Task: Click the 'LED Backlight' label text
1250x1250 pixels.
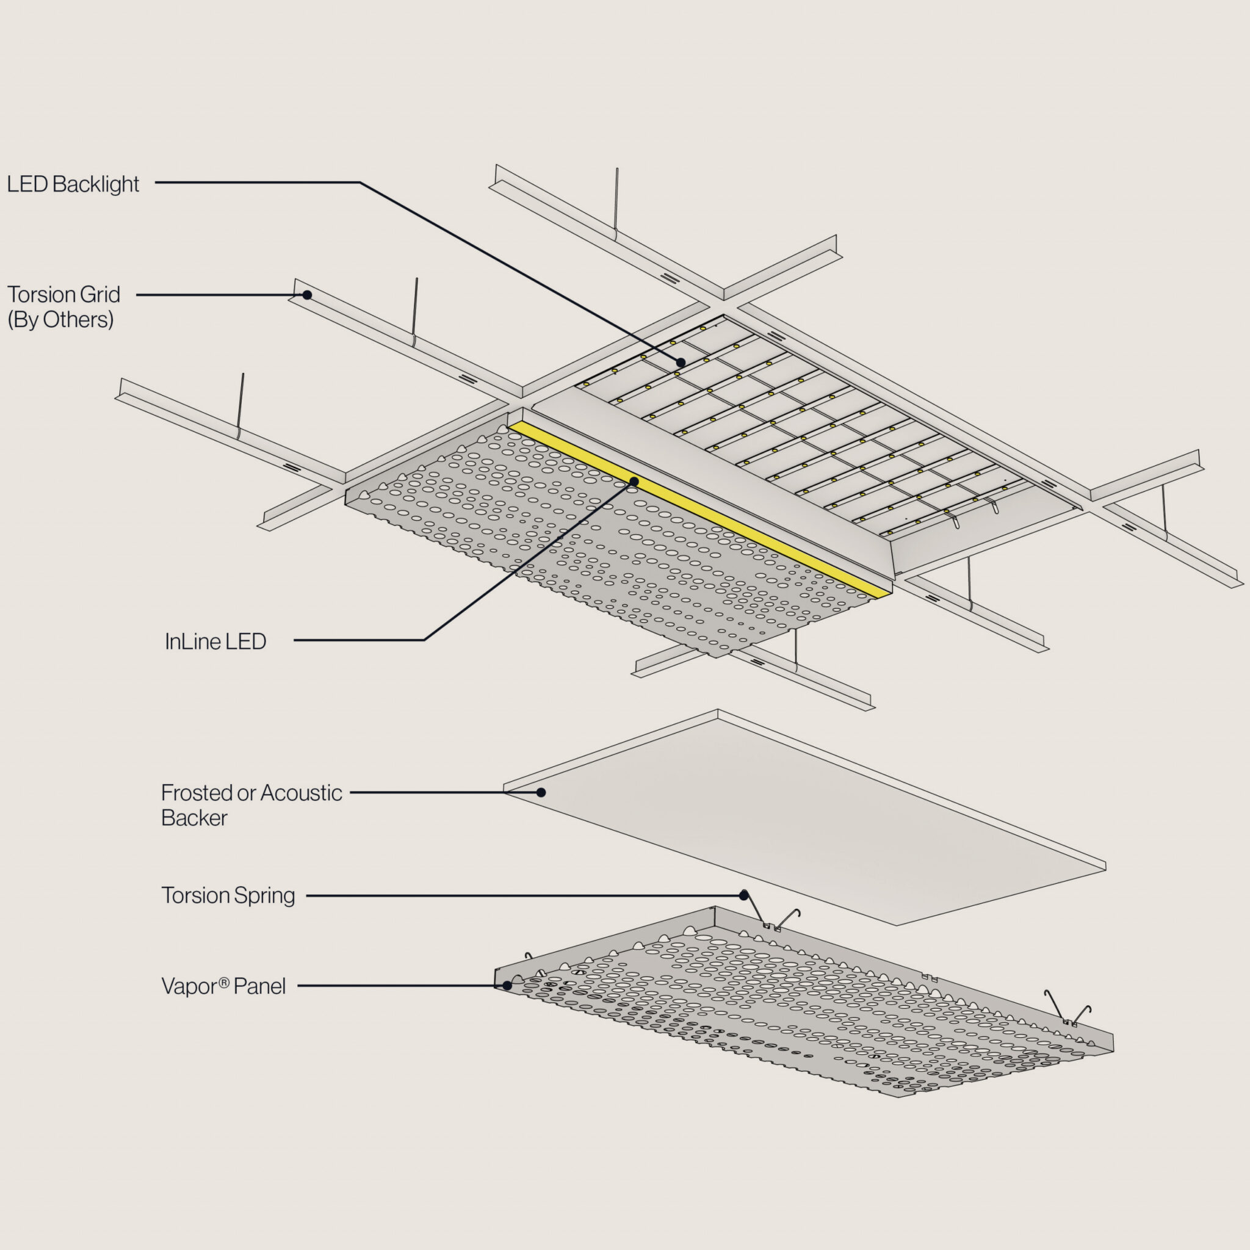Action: click(x=73, y=184)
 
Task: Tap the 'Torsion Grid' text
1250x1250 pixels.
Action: click(x=63, y=294)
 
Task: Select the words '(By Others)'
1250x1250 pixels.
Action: click(x=61, y=320)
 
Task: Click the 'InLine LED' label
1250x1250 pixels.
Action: click(x=215, y=641)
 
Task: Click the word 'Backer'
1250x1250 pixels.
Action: click(x=194, y=818)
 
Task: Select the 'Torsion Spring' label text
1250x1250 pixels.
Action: click(x=228, y=895)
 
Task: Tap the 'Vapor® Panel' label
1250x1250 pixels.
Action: click(x=223, y=986)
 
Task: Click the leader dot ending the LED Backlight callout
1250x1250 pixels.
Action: click(x=681, y=363)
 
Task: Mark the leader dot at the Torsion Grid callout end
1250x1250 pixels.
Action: click(x=308, y=295)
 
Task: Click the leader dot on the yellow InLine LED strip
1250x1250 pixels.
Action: click(x=634, y=482)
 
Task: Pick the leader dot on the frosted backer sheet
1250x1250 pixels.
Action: click(x=541, y=793)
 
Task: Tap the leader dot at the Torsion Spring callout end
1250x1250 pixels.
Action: click(x=744, y=895)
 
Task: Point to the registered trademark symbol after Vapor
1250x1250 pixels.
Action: click(x=224, y=981)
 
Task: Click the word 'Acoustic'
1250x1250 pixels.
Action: click(x=301, y=793)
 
